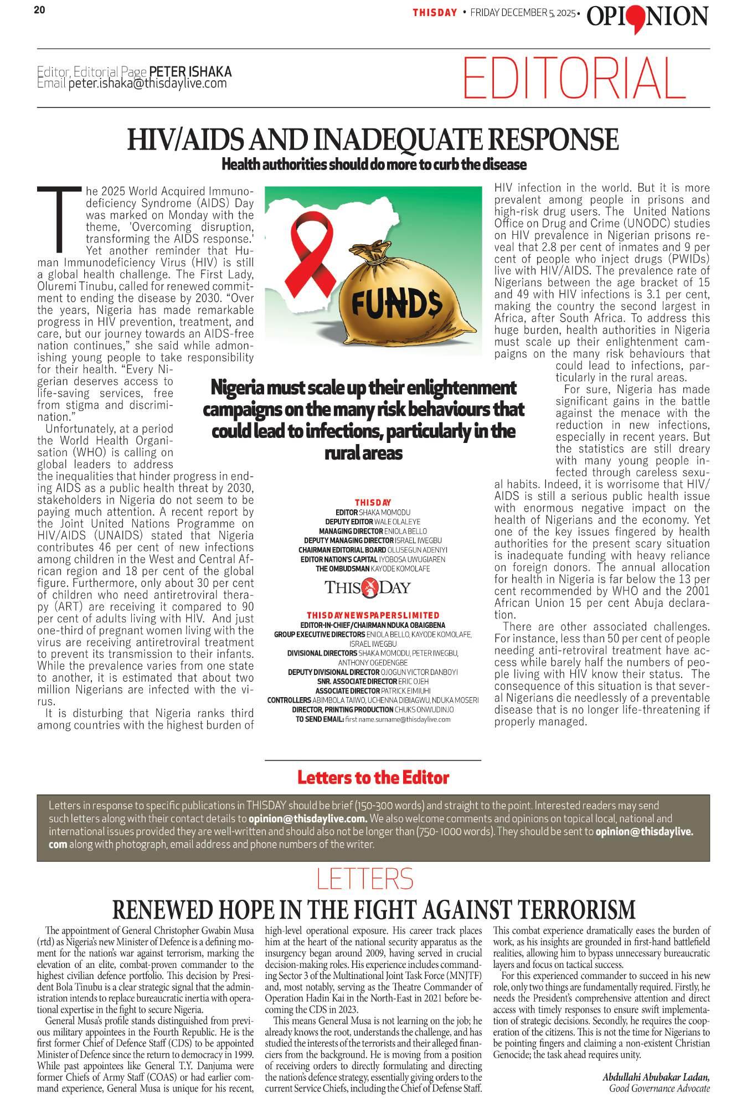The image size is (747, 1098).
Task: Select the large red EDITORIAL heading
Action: (x=574, y=78)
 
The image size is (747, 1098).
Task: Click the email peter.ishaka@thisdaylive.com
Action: (x=147, y=84)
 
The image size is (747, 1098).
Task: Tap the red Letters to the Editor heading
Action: (x=373, y=777)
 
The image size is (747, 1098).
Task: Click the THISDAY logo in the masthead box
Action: (x=367, y=586)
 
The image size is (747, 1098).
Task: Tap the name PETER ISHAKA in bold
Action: (x=190, y=72)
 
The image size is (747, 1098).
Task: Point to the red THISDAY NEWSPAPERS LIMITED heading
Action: (x=373, y=615)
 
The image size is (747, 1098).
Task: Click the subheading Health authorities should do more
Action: (x=373, y=164)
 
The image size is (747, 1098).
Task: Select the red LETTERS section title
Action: (x=365, y=879)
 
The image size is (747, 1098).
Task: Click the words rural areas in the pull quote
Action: (x=363, y=453)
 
